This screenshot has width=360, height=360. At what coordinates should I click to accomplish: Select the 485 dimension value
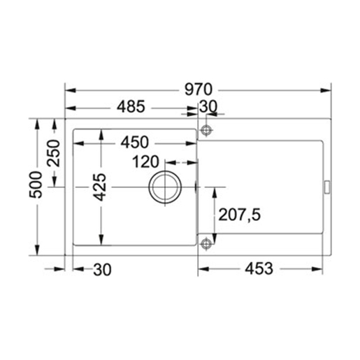click(130, 108)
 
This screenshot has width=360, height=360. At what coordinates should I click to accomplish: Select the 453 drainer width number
click(258, 268)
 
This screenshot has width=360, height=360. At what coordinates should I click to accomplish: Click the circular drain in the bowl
click(165, 187)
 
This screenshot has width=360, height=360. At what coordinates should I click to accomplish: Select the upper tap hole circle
click(206, 131)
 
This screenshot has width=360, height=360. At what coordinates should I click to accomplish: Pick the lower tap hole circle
click(206, 243)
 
